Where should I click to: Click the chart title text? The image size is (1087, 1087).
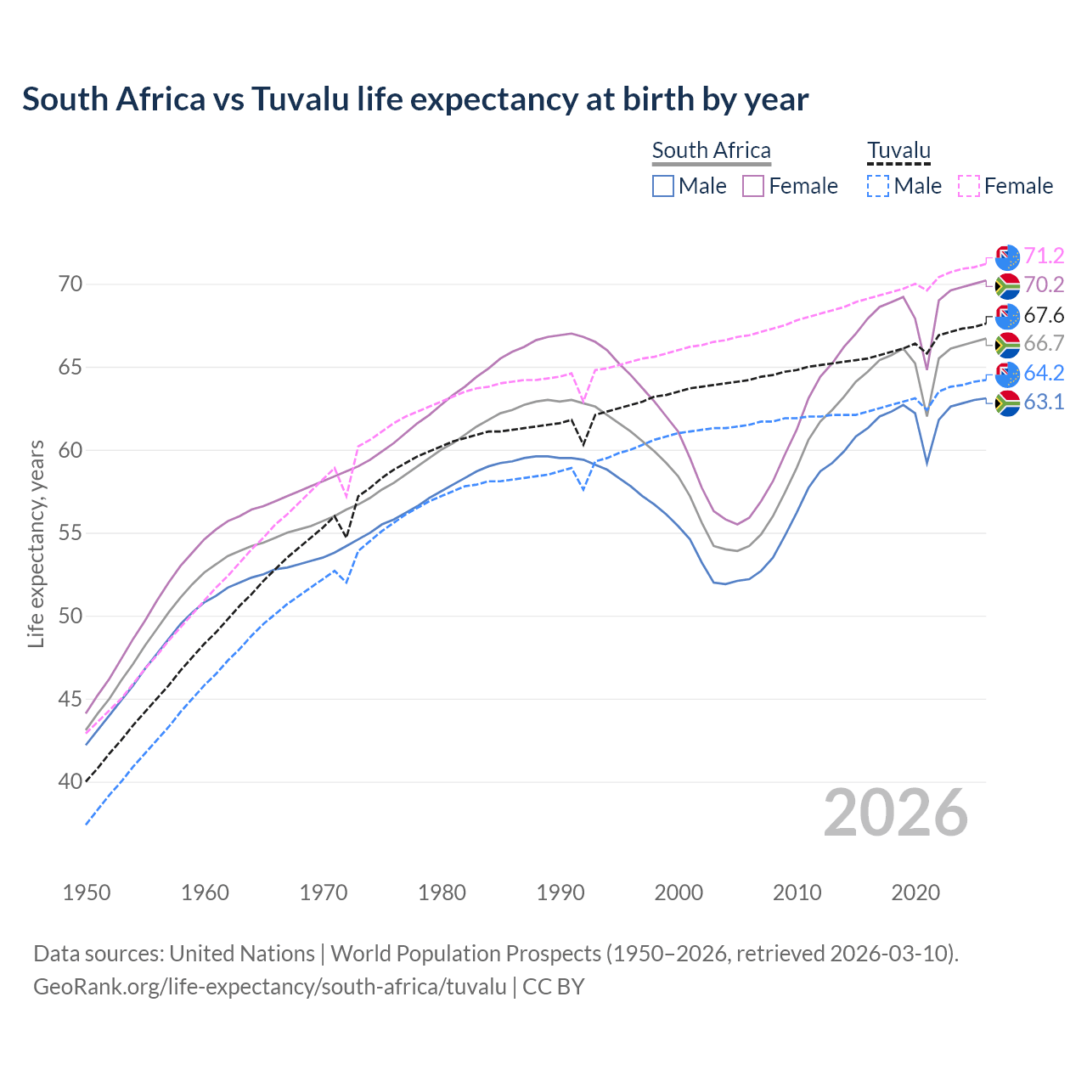point(415,99)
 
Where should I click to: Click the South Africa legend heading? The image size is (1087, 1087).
point(711,150)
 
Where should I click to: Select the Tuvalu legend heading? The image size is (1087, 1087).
point(898,150)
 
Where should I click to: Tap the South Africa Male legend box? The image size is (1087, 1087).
point(663,186)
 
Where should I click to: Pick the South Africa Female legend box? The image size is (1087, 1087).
point(753,186)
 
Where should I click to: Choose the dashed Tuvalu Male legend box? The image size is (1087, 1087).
point(878,186)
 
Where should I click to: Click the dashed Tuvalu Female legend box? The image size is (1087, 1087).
point(969,186)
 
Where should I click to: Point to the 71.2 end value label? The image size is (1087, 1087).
point(1044,256)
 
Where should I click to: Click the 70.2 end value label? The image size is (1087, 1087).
point(1044,284)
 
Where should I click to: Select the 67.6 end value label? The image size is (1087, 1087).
point(1044,316)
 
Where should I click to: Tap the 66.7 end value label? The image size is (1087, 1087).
point(1044,343)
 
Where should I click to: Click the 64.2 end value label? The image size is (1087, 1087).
point(1044,373)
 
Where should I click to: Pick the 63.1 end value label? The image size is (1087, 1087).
point(1044,402)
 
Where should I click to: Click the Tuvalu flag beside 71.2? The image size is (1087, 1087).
point(1007,256)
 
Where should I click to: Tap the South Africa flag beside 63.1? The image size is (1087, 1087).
point(1007,403)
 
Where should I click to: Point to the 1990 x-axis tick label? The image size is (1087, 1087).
point(560,893)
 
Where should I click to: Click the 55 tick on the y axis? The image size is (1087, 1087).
point(70,533)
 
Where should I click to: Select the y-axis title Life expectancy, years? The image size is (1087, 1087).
point(36,543)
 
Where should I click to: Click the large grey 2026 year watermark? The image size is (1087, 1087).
point(895,813)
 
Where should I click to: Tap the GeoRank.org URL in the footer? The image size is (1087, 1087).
point(269,987)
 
